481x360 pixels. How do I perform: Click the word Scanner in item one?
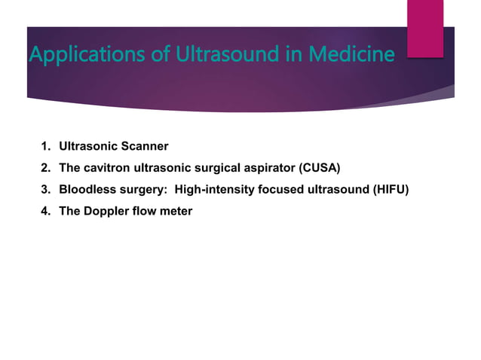tap(142, 145)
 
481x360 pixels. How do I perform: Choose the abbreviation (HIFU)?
tap(391, 189)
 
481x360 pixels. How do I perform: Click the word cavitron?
tap(107, 167)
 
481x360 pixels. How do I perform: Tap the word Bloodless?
tap(86, 189)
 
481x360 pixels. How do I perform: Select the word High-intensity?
tap(213, 189)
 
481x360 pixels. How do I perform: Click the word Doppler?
tap(106, 211)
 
